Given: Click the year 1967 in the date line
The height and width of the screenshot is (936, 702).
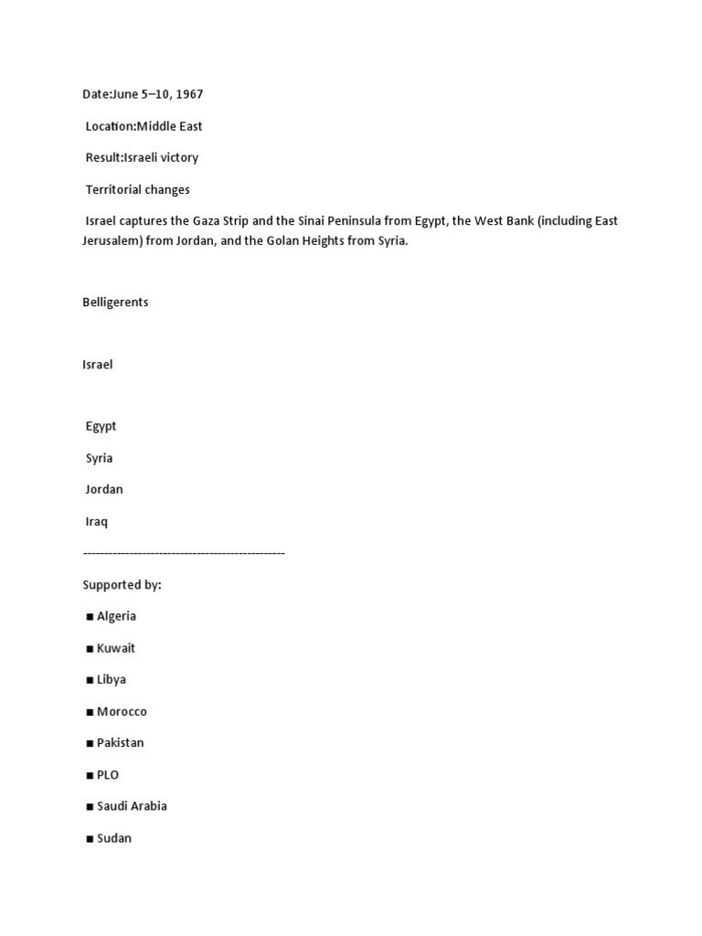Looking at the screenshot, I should [188, 94].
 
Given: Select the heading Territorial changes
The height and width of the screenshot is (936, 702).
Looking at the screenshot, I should [137, 189].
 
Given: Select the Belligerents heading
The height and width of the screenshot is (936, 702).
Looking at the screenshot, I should [115, 302].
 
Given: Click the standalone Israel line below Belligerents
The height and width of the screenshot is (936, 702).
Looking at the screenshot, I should [98, 365].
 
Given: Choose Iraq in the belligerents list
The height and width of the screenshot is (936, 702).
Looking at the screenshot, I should [97, 521].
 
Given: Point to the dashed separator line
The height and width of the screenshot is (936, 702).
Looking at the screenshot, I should [183, 553].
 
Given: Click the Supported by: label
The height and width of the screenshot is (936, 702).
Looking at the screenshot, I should [122, 585].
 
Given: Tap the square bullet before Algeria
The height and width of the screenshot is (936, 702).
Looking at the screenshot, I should [90, 617].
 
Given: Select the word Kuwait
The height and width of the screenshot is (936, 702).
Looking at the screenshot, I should [116, 648].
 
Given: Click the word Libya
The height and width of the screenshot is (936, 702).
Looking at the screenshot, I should [112, 680].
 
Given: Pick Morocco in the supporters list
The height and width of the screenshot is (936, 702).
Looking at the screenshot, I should [122, 711].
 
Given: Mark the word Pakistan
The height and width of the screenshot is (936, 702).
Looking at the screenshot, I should [121, 743].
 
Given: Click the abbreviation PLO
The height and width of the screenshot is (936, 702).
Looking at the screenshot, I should [108, 775].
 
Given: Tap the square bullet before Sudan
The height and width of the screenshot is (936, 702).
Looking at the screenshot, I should [90, 838].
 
